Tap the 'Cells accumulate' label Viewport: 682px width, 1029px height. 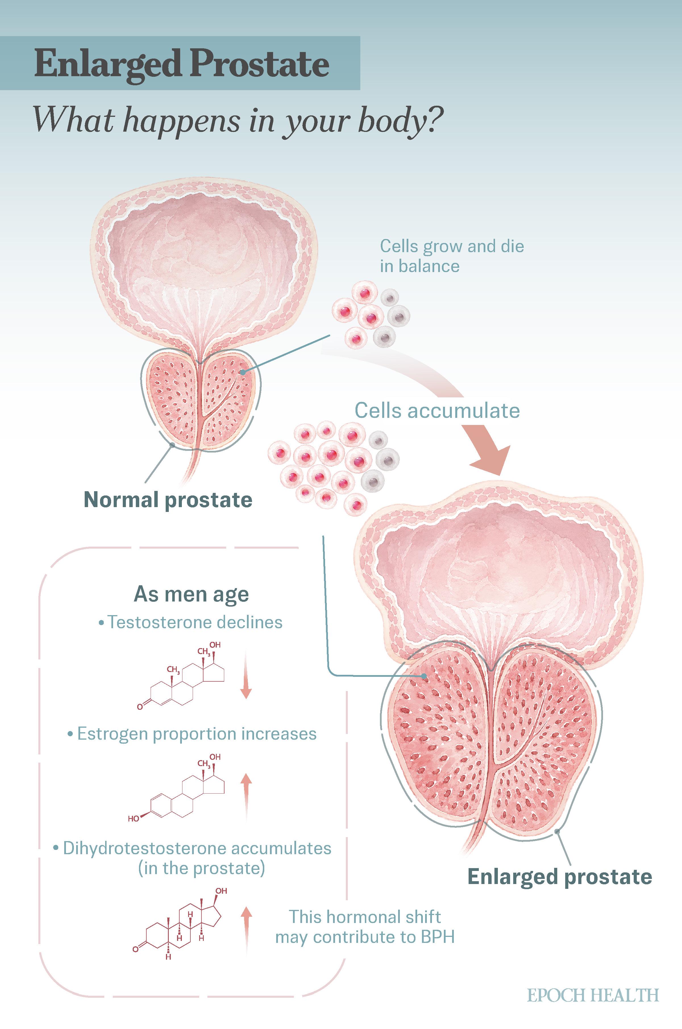click(x=437, y=410)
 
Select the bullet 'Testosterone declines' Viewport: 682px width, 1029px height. click(x=190, y=622)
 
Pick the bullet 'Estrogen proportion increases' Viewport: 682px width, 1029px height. click(x=192, y=734)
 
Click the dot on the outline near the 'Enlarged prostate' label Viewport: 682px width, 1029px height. click(x=557, y=831)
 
